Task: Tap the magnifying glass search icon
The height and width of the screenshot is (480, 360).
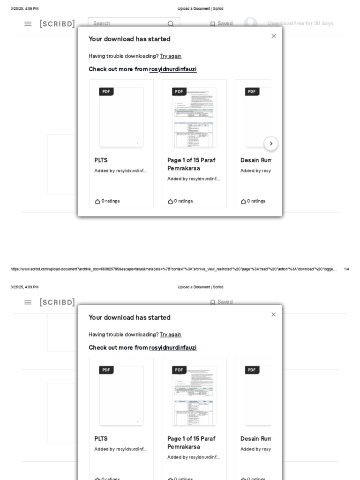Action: point(171,24)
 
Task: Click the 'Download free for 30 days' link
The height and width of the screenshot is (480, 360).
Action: point(300,23)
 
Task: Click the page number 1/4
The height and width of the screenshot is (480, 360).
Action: point(346,269)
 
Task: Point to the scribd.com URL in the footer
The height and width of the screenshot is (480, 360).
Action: point(173,269)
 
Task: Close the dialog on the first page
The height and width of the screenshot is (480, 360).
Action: point(274,36)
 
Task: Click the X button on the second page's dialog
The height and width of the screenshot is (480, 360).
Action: point(274,315)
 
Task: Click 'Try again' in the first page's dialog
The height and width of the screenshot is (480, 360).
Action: point(171,56)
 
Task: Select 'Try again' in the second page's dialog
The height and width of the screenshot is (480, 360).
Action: point(171,335)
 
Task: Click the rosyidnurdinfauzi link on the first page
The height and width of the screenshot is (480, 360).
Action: point(173,69)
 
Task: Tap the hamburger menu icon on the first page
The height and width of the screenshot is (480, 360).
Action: point(28,24)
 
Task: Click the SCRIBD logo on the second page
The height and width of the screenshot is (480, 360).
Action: point(57,302)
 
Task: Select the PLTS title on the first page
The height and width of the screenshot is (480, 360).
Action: point(101,160)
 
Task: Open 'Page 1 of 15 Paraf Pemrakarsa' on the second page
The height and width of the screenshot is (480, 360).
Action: point(191,442)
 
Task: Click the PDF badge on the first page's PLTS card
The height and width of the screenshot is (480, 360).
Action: point(106,91)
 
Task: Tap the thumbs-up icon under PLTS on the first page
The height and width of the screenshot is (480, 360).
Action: point(97,202)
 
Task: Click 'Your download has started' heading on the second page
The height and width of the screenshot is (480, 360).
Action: point(129,317)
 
